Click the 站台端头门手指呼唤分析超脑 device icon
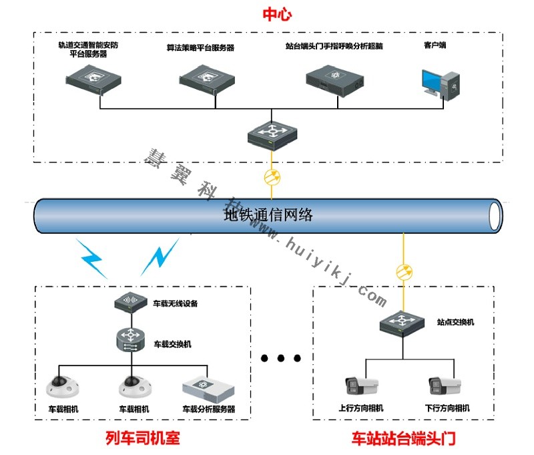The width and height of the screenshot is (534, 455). [334, 80]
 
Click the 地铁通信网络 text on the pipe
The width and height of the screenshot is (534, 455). [268, 215]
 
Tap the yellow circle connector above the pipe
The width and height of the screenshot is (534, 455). [272, 178]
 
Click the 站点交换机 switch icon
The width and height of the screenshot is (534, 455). [405, 323]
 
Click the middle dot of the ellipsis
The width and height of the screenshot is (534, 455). [281, 359]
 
